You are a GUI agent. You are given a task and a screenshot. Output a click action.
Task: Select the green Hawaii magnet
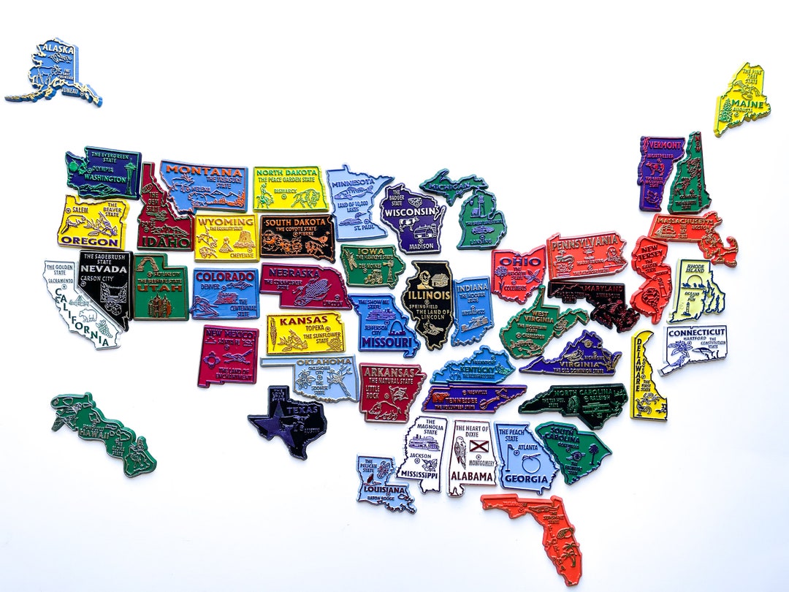point(102,431)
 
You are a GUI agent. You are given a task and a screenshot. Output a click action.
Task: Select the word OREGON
point(89,240)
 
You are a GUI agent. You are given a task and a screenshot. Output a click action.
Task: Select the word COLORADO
point(224,277)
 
